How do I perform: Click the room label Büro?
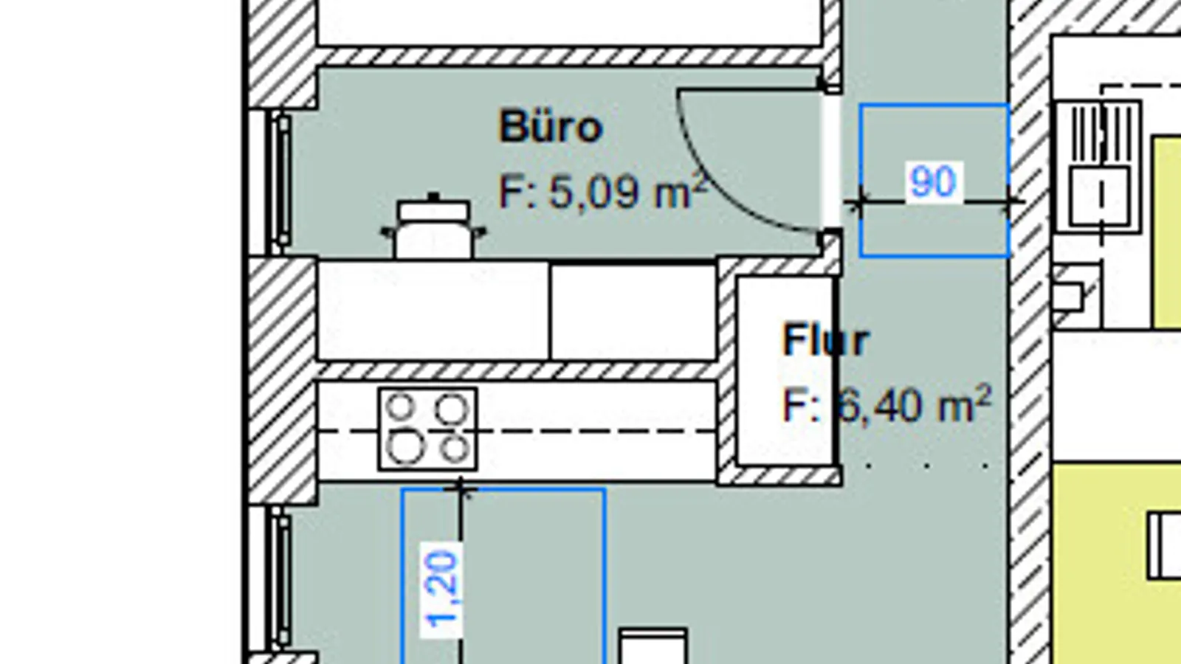(x=551, y=127)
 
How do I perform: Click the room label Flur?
(x=826, y=341)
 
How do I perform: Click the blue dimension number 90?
(x=933, y=181)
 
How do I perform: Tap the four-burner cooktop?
(x=427, y=429)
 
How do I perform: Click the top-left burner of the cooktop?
(x=401, y=407)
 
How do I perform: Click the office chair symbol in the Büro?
(x=433, y=229)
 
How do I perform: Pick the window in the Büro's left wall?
(x=280, y=181)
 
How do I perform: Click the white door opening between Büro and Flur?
(x=831, y=162)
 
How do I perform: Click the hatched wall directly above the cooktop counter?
(x=517, y=371)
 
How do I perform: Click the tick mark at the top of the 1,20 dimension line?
(x=461, y=488)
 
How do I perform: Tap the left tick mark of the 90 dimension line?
(x=859, y=201)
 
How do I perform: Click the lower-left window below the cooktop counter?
(x=280, y=579)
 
